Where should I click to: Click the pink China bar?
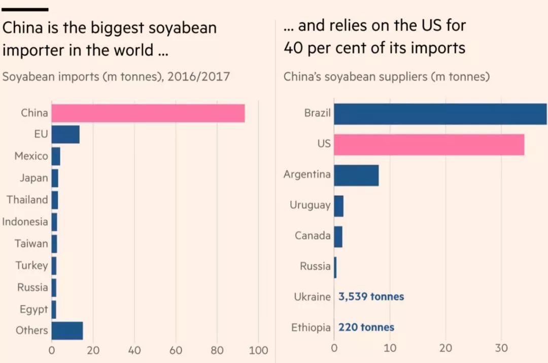[148, 113]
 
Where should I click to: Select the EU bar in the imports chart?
[65, 135]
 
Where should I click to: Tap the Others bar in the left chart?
[67, 331]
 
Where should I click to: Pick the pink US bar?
[429, 144]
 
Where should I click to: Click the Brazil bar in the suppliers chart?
[440, 114]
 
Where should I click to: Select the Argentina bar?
[357, 175]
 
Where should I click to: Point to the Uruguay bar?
[338, 206]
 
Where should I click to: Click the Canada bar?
[338, 237]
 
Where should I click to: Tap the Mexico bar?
[56, 156]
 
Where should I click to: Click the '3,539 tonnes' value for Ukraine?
[371, 296]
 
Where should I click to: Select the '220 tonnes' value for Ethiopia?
[366, 327]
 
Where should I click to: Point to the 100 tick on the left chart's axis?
[258, 350]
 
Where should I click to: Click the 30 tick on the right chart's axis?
[501, 348]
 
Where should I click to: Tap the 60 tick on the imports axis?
[176, 350]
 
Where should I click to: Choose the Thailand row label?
[27, 200]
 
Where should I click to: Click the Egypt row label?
[33, 310]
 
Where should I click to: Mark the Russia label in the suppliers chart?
[315, 266]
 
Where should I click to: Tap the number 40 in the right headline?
[293, 48]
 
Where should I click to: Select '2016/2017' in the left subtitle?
[198, 76]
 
